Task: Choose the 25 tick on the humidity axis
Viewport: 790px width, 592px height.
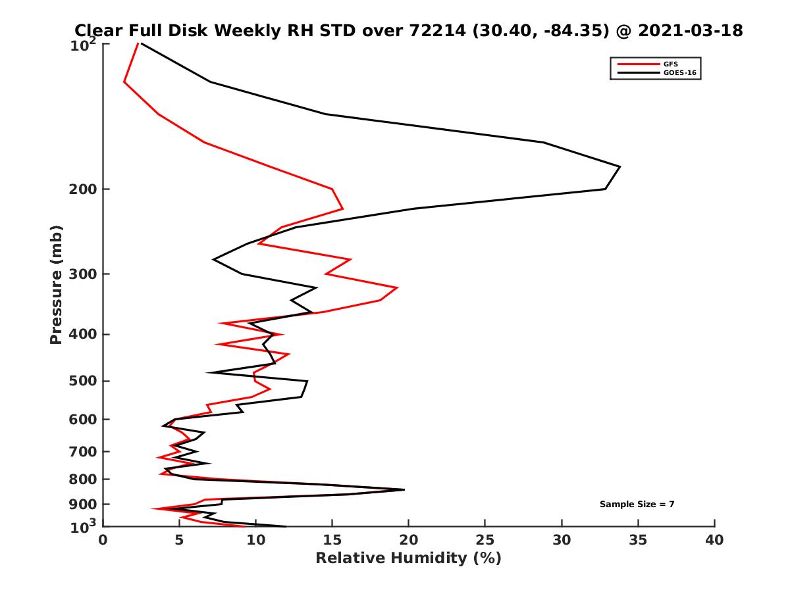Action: pos(485,540)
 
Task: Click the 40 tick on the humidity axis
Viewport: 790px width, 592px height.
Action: pos(714,540)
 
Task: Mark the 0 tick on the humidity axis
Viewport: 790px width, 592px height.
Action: pos(103,540)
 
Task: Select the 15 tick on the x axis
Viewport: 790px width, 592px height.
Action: pos(332,540)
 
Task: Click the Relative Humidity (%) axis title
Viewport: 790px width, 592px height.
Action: pos(408,558)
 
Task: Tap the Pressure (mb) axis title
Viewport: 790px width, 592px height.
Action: pos(56,284)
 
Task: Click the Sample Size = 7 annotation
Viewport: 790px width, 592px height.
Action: pos(637,505)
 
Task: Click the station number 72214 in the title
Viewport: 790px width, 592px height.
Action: pos(429,30)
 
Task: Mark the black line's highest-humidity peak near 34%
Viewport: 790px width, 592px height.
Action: pos(619,166)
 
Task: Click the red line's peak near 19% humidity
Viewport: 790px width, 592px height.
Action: pos(397,287)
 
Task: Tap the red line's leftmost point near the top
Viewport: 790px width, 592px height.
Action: pos(124,82)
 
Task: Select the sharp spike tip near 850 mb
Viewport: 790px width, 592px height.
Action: pos(404,489)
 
